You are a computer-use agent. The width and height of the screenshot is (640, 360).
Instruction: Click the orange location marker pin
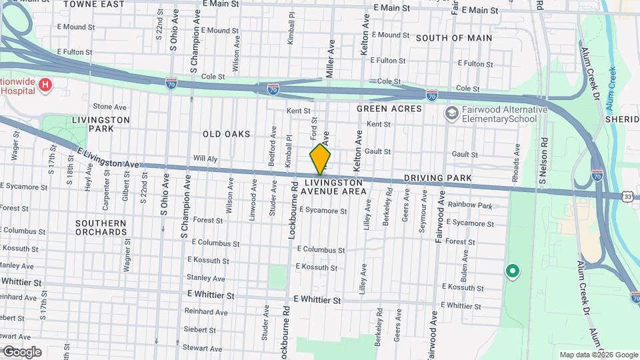pyautogui.click(x=320, y=159)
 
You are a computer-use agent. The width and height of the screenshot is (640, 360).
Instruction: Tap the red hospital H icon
pyautogui.click(x=45, y=85)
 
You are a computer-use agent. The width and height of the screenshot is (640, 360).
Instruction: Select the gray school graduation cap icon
pyautogui.click(x=452, y=113)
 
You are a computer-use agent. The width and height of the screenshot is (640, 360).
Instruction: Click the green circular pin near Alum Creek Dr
pyautogui.click(x=512, y=271)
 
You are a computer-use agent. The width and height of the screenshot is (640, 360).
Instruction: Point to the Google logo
pyautogui.click(x=21, y=352)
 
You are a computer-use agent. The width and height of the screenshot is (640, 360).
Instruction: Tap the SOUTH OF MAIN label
pyautogui.click(x=454, y=38)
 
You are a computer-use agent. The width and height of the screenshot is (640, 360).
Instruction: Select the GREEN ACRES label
pyautogui.click(x=389, y=109)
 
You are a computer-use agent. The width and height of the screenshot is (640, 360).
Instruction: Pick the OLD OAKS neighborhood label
pyautogui.click(x=227, y=134)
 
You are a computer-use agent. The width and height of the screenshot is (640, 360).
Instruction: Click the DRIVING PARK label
pyautogui.click(x=437, y=179)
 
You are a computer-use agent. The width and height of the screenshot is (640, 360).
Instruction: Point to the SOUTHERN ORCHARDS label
pyautogui.click(x=101, y=227)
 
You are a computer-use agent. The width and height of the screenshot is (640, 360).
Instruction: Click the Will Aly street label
pyautogui.click(x=205, y=159)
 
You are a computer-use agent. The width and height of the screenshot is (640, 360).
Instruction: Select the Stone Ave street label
pyautogui.click(x=109, y=107)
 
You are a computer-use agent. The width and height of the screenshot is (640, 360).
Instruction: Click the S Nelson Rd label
pyautogui.click(x=544, y=157)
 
